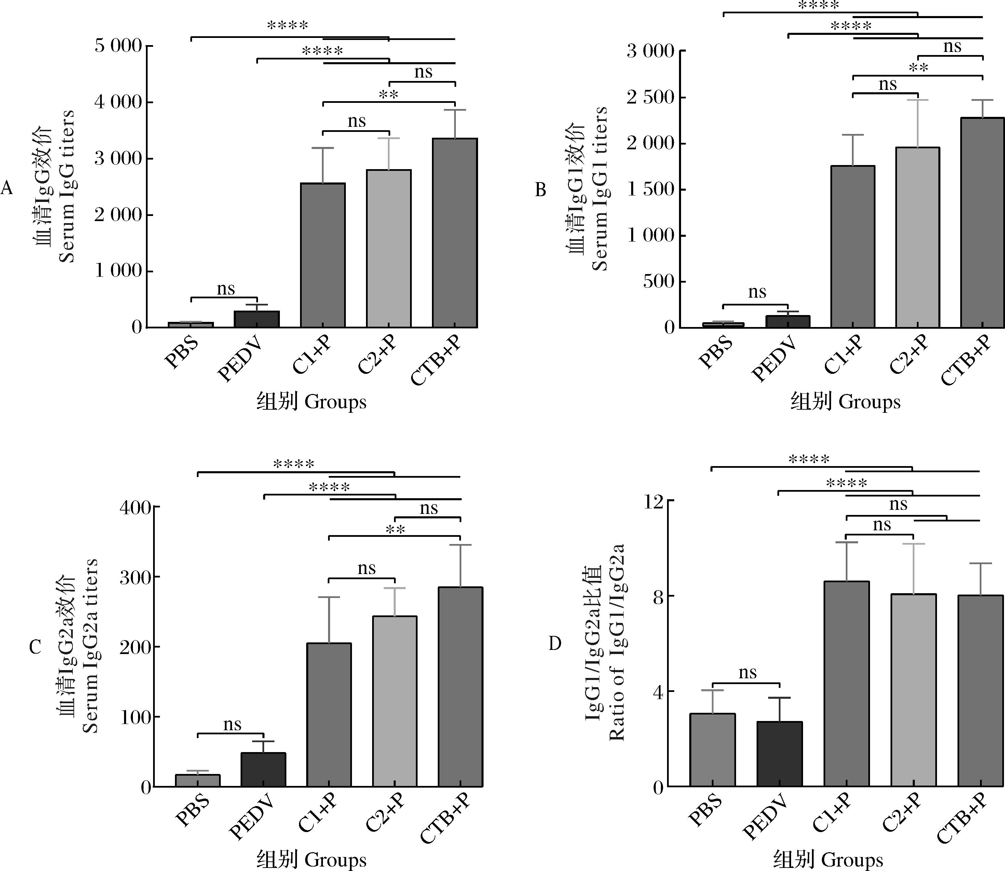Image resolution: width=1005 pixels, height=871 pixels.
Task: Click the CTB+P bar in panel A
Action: tap(454, 233)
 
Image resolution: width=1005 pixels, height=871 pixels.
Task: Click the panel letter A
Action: tap(7, 188)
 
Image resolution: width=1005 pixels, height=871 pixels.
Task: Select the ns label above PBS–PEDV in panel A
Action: tap(226, 289)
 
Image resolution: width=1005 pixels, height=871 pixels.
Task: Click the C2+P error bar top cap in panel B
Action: tap(918, 100)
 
